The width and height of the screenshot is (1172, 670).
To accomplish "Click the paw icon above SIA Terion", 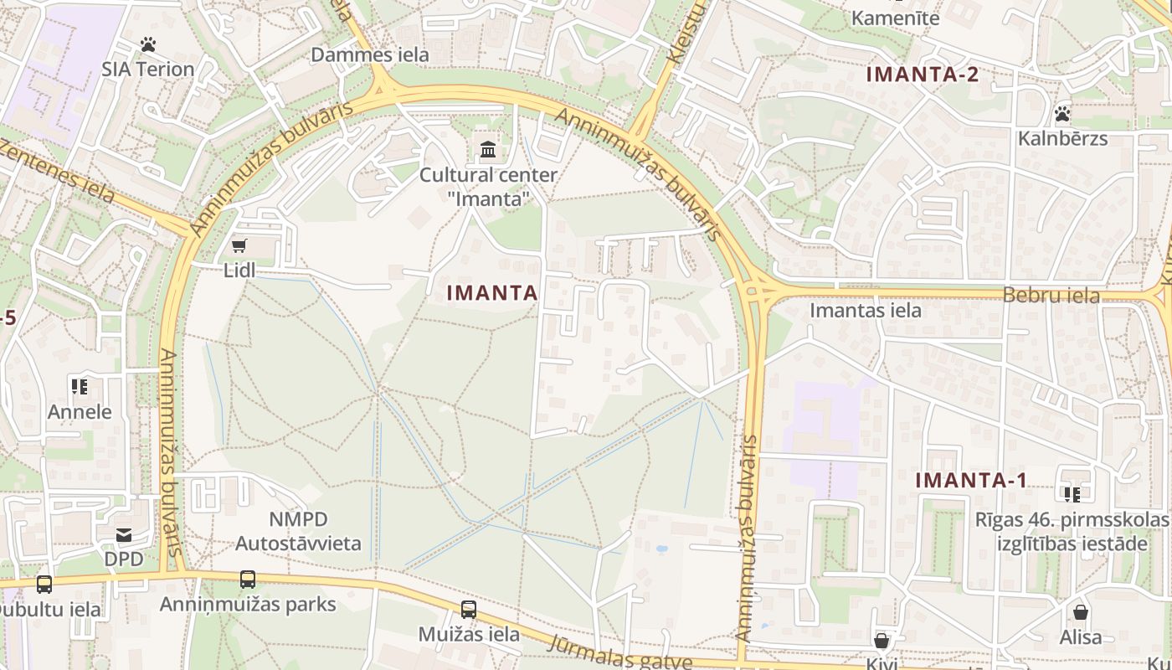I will point(148,44).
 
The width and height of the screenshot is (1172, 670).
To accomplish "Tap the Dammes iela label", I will point(369,55).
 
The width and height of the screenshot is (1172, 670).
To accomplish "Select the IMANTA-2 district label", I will point(923,74).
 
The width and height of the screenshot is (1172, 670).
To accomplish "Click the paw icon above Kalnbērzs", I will point(1062,113).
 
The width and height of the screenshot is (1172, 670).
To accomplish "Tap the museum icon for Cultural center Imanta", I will point(488,150).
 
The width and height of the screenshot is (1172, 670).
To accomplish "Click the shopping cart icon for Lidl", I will point(239,245).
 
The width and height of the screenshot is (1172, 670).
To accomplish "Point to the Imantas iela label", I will point(865,311).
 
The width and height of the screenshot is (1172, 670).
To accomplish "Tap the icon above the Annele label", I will point(80,386).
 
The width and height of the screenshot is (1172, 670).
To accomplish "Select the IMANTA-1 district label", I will point(971,481).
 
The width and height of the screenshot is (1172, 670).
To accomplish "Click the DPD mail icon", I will point(124,535).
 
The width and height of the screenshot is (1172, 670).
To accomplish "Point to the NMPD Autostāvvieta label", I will point(298,531).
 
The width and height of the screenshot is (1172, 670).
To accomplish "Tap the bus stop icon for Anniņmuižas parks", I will point(248,579).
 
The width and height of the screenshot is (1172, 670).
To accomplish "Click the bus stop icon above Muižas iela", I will point(469,610).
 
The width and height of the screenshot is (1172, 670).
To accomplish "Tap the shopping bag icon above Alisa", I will point(1081,612).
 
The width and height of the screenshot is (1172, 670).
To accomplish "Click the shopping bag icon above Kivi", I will point(881,642).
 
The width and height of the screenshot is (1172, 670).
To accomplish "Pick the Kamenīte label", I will point(895,18).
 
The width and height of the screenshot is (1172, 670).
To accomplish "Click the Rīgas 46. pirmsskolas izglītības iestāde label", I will point(1072,531).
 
